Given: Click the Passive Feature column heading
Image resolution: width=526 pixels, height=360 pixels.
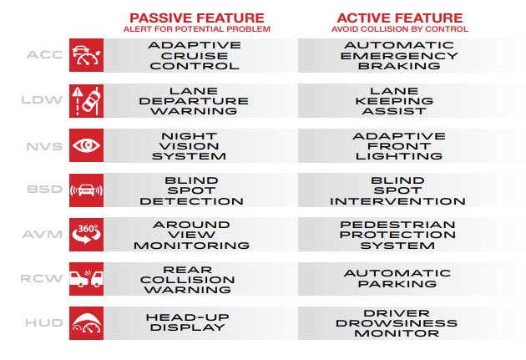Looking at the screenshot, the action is pyautogui.click(x=197, y=18).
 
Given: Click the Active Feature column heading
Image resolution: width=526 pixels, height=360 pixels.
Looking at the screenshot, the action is pyautogui.click(x=400, y=18).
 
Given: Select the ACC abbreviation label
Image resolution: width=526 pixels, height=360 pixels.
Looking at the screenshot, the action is pyautogui.click(x=45, y=54).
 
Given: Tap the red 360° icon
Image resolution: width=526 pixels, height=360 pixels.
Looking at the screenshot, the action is pyautogui.click(x=87, y=235).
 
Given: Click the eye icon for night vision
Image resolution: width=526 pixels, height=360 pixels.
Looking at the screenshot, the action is pyautogui.click(x=87, y=145).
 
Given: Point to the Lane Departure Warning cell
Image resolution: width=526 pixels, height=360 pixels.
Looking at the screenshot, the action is pyautogui.click(x=194, y=101).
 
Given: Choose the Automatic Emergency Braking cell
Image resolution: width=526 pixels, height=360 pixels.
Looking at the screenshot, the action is pyautogui.click(x=399, y=55).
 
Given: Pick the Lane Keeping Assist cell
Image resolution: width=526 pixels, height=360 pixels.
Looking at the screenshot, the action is pyautogui.click(x=394, y=101).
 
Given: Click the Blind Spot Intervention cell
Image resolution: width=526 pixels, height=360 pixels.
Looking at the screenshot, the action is pyautogui.click(x=398, y=190).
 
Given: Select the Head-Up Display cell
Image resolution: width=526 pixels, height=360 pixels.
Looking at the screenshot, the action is pyautogui.click(x=188, y=322).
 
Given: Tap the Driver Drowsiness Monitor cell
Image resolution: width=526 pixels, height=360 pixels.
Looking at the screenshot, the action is pyautogui.click(x=397, y=323).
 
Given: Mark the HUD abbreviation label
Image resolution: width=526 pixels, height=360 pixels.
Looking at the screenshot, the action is pyautogui.click(x=44, y=323).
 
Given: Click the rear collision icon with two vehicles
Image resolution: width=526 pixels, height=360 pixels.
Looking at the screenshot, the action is pyautogui.click(x=87, y=279).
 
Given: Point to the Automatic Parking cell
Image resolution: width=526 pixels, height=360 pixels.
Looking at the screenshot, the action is pyautogui.click(x=397, y=278).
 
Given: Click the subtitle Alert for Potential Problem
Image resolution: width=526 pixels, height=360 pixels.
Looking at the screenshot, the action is pyautogui.click(x=197, y=29).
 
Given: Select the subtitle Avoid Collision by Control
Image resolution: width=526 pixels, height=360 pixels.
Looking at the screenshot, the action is pyautogui.click(x=400, y=29).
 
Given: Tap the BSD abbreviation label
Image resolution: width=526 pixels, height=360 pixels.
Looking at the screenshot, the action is pyautogui.click(x=45, y=190).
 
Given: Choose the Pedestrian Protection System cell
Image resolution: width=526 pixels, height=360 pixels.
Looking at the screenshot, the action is pyautogui.click(x=397, y=235).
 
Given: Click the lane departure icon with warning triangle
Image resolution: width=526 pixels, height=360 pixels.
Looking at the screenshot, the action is pyautogui.click(x=87, y=101).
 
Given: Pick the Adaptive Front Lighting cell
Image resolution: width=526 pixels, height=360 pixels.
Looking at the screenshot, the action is pyautogui.click(x=399, y=146).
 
